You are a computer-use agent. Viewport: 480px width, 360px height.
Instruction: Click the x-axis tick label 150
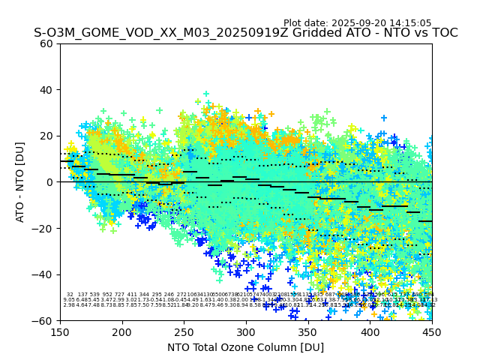pyautogui.click(x=60, y=331)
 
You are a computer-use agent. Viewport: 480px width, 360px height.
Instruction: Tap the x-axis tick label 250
pyautogui.click(x=184, y=331)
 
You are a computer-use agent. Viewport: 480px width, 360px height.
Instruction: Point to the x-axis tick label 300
pyautogui.click(x=246, y=331)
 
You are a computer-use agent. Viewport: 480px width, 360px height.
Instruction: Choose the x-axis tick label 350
pyautogui.click(x=308, y=331)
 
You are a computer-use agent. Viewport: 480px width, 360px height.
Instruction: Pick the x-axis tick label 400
pyautogui.click(x=370, y=331)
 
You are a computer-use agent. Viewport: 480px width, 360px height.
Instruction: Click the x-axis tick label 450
pyautogui.click(x=432, y=331)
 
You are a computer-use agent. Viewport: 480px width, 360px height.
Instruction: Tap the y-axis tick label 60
pyautogui.click(x=47, y=43)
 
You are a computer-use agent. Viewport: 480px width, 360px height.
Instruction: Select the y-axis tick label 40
pyautogui.click(x=47, y=90)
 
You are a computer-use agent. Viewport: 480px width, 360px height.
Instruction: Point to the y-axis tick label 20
pyautogui.click(x=47, y=136)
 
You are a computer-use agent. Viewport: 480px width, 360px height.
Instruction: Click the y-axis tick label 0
pyautogui.click(x=50, y=182)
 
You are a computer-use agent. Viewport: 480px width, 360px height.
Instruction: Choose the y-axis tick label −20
pyautogui.click(x=44, y=228)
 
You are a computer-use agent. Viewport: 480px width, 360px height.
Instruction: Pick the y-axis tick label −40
pyautogui.click(x=44, y=274)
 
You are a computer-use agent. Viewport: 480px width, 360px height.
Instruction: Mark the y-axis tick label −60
pyautogui.click(x=44, y=320)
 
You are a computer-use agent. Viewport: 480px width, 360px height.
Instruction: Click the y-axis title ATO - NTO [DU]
pyautogui.click(x=20, y=182)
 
